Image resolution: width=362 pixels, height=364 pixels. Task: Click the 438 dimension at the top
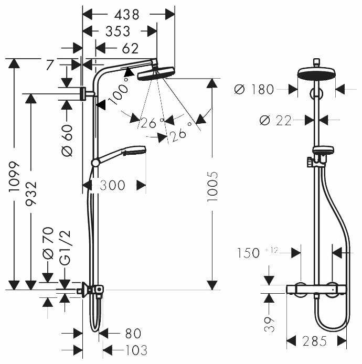tap(127, 15)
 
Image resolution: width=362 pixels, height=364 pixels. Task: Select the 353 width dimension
tap(118, 31)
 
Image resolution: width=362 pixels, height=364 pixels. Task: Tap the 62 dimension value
tap(130, 49)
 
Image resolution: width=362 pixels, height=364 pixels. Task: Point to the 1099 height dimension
tap(14, 177)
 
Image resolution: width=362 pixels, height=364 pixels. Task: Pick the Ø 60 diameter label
tap(67, 141)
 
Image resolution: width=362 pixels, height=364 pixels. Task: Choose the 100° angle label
tap(119, 92)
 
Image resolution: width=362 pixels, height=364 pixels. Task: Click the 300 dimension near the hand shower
tap(112, 185)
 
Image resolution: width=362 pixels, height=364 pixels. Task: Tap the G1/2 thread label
tap(65, 248)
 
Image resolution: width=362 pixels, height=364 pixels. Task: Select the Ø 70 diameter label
tap(48, 243)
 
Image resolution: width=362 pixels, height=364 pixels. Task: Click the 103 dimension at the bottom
tap(136, 350)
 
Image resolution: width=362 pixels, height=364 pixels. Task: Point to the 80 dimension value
tap(133, 334)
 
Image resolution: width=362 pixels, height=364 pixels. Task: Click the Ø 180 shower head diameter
tap(254, 89)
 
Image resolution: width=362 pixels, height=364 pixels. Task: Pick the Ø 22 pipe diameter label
tap(275, 121)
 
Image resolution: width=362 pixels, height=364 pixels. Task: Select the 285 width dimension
tap(315, 341)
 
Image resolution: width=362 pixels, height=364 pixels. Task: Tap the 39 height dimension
tap(269, 324)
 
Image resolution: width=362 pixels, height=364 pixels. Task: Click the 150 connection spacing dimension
tap(248, 253)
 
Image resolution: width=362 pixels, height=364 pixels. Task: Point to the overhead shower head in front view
tap(317, 73)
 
